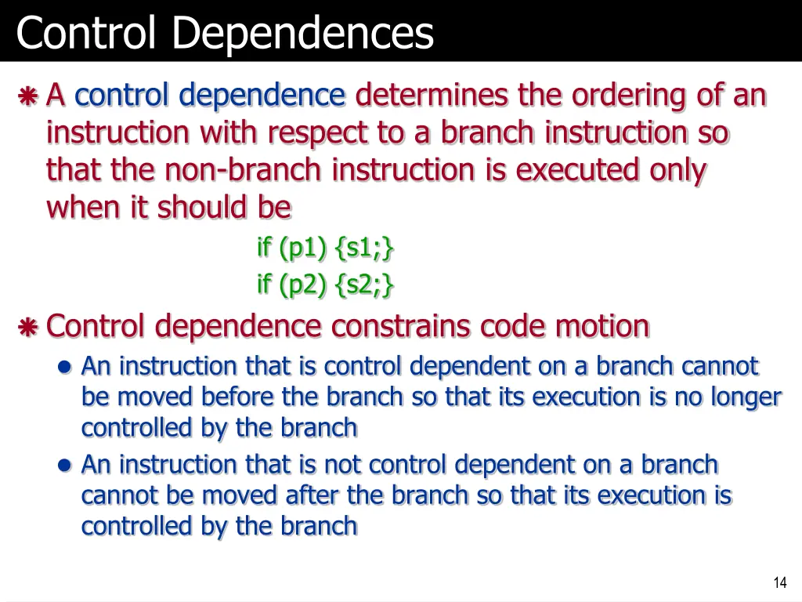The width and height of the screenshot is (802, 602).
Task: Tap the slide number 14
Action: click(x=779, y=582)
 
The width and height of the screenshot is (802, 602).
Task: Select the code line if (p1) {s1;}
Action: click(x=325, y=248)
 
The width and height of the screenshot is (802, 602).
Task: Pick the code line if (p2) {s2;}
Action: click(x=325, y=285)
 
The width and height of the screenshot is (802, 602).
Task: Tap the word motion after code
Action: click(x=603, y=325)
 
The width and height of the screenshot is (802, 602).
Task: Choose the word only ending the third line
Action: click(x=677, y=169)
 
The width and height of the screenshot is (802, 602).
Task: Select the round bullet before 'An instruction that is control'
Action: click(x=66, y=367)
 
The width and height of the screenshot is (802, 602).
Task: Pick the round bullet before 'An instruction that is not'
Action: click(x=66, y=465)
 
